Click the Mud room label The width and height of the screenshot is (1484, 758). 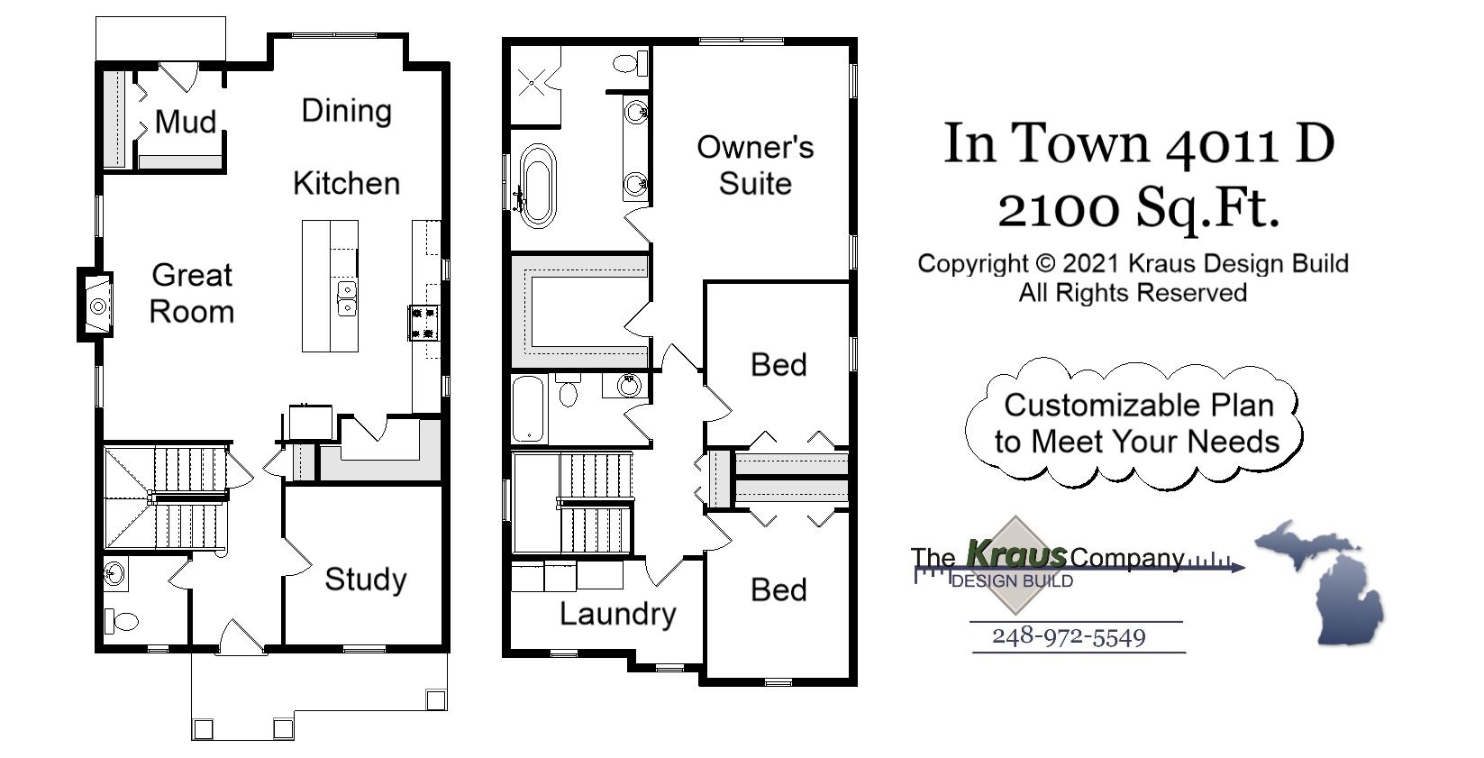pyautogui.click(x=186, y=122)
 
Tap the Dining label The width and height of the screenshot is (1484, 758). pyautogui.click(x=346, y=111)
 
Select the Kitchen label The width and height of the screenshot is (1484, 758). pyautogui.click(x=346, y=184)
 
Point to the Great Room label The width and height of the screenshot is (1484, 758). pyautogui.click(x=192, y=293)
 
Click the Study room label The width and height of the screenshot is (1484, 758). pyautogui.click(x=365, y=580)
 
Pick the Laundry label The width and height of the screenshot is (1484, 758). pyautogui.click(x=617, y=614)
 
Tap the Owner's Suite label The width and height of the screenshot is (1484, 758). pyautogui.click(x=755, y=165)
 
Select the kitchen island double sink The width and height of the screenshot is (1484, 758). pyautogui.click(x=346, y=298)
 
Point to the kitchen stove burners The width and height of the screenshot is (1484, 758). pyautogui.click(x=423, y=323)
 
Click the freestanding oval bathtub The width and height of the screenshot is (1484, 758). pyautogui.click(x=538, y=185)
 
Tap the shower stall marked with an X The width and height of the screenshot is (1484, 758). pyautogui.click(x=533, y=86)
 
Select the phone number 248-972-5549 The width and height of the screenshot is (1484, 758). pyautogui.click(x=1069, y=637)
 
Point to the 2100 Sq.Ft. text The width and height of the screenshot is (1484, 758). pyautogui.click(x=1139, y=209)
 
